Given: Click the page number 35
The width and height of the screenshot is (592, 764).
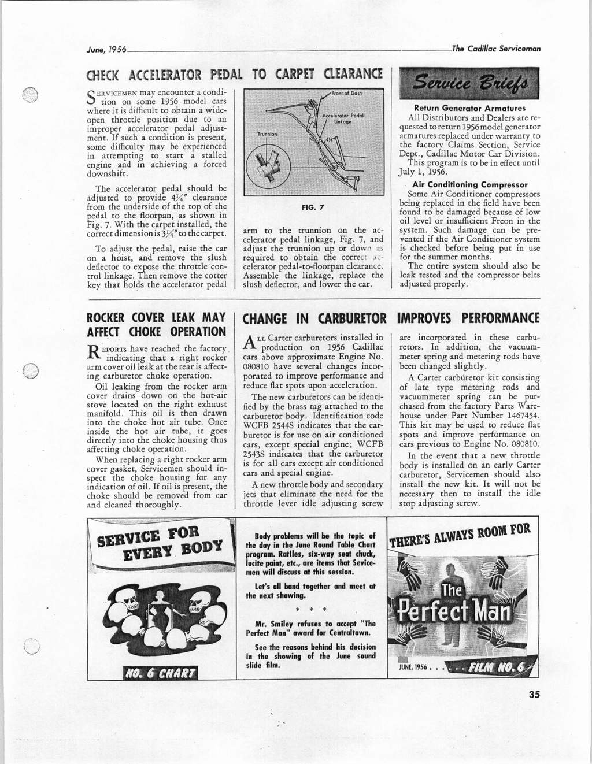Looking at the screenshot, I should (x=534, y=695).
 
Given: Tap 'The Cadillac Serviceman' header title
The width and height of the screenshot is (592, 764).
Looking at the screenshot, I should (x=496, y=49).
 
